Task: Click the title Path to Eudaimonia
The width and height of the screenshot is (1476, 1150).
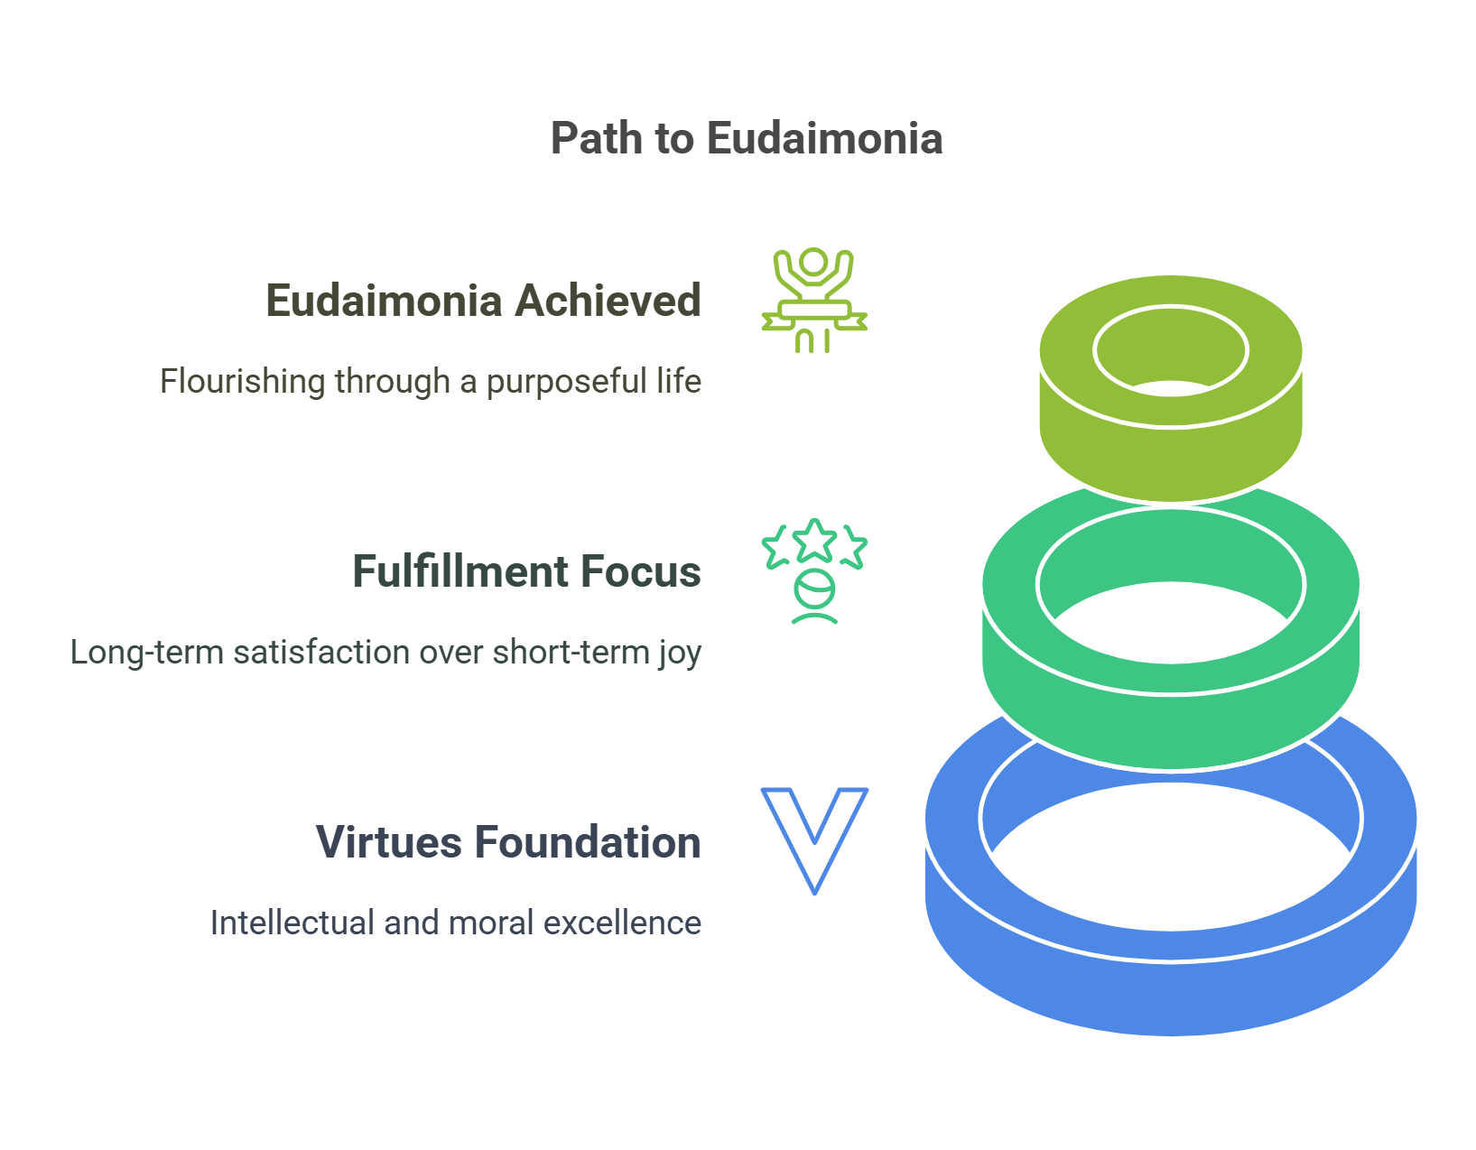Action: point(747,138)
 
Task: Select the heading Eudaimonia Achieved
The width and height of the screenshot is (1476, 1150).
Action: point(483,301)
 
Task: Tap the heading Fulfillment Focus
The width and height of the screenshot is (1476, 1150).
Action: point(526,571)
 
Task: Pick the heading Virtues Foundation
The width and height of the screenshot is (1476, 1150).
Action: point(508,842)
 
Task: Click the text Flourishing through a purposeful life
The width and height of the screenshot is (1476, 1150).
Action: point(431,381)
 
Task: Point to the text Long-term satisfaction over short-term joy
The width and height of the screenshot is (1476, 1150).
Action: point(385,652)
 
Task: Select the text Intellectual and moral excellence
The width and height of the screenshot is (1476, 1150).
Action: point(455,923)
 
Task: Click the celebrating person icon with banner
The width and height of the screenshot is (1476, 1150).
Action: point(814,301)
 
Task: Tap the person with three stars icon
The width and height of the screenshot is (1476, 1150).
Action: point(814,571)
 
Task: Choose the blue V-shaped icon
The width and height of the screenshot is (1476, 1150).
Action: point(814,839)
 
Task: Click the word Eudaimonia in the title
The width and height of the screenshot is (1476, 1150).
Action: point(824,138)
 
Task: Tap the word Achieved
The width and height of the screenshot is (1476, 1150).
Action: point(608,301)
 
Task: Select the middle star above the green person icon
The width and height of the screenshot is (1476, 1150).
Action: point(814,540)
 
